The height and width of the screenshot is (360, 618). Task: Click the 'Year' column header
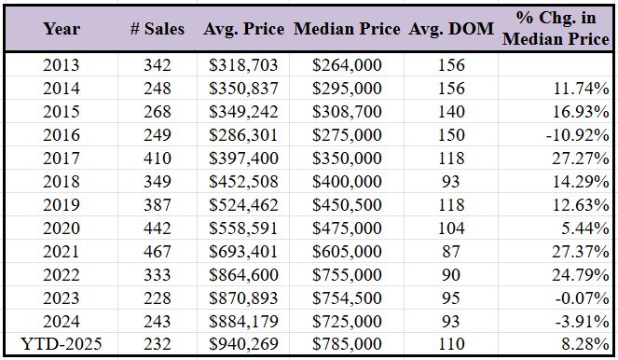tap(62, 29)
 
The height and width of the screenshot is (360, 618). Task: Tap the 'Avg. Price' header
tap(243, 29)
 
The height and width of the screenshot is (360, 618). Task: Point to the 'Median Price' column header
tap(348, 29)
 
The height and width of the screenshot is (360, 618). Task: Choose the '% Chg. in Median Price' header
tap(556, 28)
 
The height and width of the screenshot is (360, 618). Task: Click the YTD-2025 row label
tap(62, 345)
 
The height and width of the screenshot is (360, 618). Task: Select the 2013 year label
tap(62, 66)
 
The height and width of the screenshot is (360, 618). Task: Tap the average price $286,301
tap(243, 135)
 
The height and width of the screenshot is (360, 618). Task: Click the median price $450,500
tap(348, 205)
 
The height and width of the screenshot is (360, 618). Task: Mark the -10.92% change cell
tap(577, 135)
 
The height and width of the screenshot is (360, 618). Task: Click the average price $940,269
tap(243, 345)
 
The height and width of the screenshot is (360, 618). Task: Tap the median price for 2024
tap(348, 322)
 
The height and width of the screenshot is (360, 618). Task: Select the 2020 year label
tap(62, 228)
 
